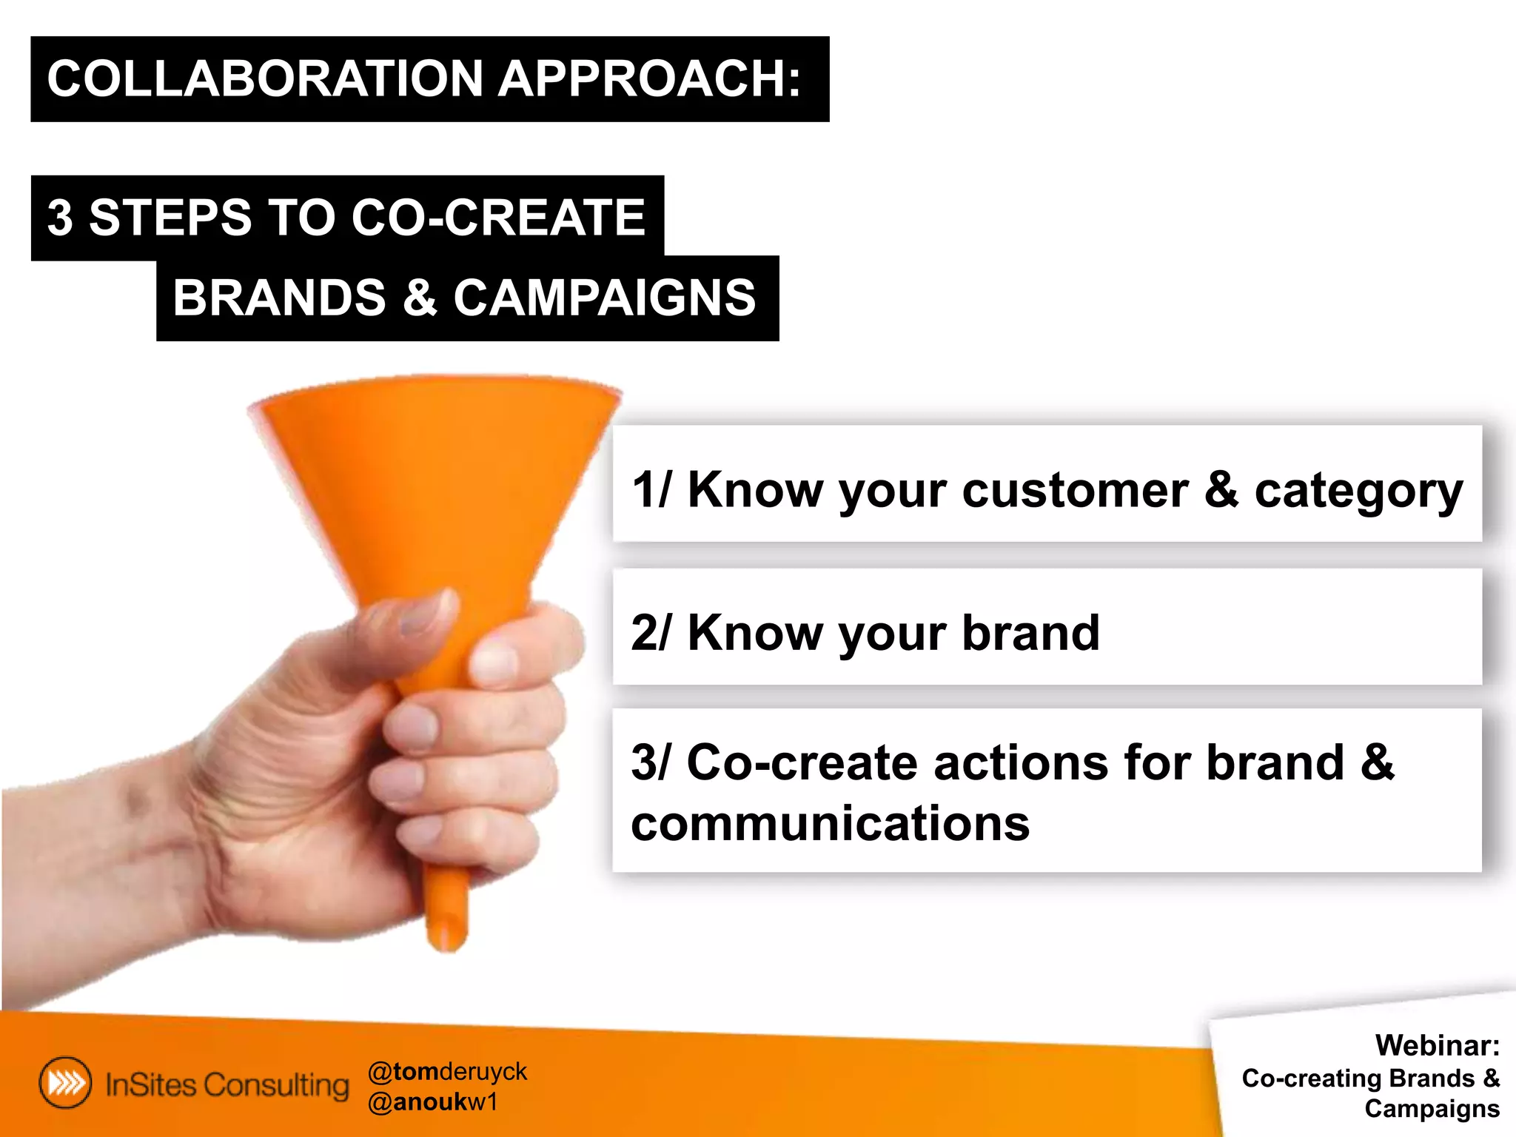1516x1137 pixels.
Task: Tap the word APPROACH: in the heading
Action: pos(649,78)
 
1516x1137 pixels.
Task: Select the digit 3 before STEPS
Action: pos(60,218)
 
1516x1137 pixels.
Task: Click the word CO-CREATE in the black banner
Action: pos(497,218)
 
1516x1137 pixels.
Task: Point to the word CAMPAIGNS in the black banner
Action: pos(604,298)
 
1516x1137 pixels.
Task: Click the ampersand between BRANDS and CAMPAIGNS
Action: pos(420,298)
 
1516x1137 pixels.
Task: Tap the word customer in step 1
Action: pos(1075,490)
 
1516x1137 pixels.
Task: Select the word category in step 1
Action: pos(1358,492)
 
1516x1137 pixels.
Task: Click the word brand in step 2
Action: pos(1030,633)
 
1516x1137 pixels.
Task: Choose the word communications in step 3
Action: pos(830,823)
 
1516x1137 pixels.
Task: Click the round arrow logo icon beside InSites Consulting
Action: pos(65,1083)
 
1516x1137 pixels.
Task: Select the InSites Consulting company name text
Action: pos(227,1084)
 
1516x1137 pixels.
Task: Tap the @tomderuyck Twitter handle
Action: pos(446,1071)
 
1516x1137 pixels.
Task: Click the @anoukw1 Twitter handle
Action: pos(432,1102)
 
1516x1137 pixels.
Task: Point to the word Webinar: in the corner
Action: pos(1437,1045)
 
